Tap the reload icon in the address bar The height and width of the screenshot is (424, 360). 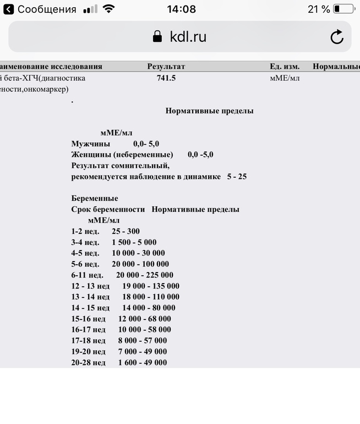click(x=336, y=37)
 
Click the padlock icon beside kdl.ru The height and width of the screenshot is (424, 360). click(x=157, y=37)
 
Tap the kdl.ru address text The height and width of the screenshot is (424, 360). click(x=189, y=37)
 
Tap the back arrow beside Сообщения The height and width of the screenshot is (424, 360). click(x=9, y=9)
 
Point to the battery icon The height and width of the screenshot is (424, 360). click(x=343, y=9)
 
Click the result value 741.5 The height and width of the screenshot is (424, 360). click(x=166, y=78)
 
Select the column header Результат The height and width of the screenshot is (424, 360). click(x=166, y=67)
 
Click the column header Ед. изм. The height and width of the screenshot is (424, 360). click(x=284, y=67)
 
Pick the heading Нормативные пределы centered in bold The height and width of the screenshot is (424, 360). click(x=209, y=111)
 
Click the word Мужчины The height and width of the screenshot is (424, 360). click(x=90, y=144)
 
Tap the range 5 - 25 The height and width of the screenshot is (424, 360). click(x=237, y=177)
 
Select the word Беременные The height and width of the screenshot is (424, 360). click(x=95, y=198)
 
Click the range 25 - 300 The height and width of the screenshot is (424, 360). click(x=126, y=231)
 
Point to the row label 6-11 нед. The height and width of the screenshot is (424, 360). click(x=87, y=275)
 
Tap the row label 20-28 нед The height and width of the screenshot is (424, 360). click(x=88, y=363)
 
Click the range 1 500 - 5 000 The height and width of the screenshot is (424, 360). click(x=134, y=242)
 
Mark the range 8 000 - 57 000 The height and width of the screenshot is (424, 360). click(x=142, y=341)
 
